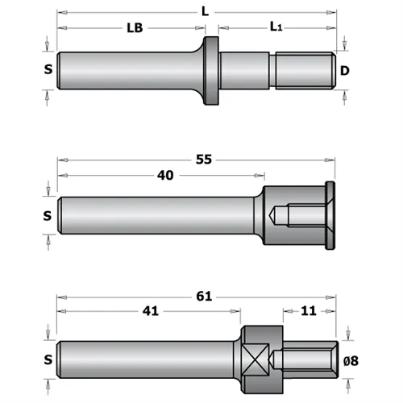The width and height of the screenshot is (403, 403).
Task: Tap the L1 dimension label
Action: (x=276, y=28)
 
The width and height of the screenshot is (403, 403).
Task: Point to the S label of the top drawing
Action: (x=48, y=70)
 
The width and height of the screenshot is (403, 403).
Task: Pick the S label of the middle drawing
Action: (x=48, y=215)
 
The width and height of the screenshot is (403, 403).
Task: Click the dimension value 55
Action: (x=204, y=160)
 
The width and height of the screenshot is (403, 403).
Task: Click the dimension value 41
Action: (x=149, y=312)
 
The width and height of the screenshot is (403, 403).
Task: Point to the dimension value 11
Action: (x=309, y=312)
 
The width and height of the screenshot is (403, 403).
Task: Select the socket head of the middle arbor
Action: (x=294, y=215)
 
